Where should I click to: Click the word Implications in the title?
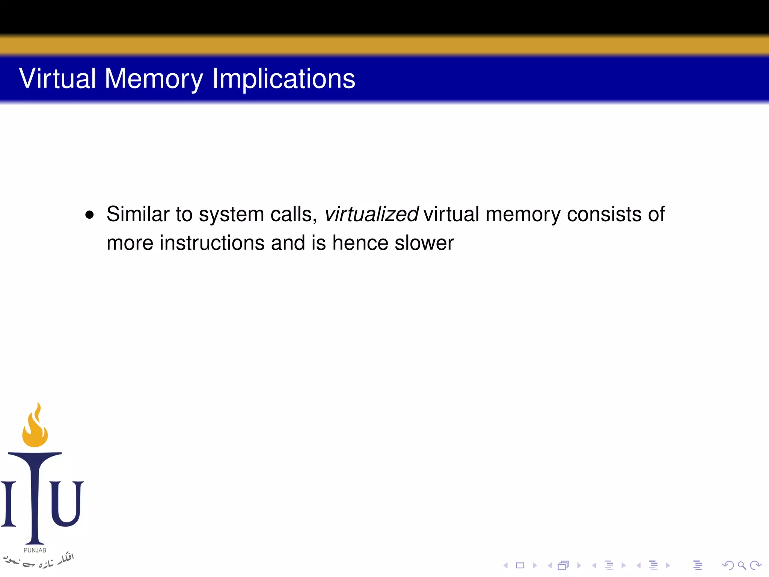pyautogui.click(x=283, y=79)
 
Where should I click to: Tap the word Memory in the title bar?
pyautogui.click(x=154, y=79)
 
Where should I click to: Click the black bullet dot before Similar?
pyautogui.click(x=89, y=215)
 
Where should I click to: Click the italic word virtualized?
pyautogui.click(x=371, y=214)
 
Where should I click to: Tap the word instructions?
pyautogui.click(x=212, y=243)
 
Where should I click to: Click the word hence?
pyautogui.click(x=360, y=243)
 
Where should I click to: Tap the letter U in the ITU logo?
pyautogui.click(x=66, y=503)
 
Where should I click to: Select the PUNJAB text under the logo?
pyautogui.click(x=35, y=550)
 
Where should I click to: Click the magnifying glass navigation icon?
pyautogui.click(x=742, y=565)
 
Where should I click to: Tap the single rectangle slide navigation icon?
pyautogui.click(x=520, y=565)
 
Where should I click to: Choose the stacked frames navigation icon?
pyautogui.click(x=564, y=565)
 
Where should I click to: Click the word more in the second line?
pyautogui.click(x=130, y=243)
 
